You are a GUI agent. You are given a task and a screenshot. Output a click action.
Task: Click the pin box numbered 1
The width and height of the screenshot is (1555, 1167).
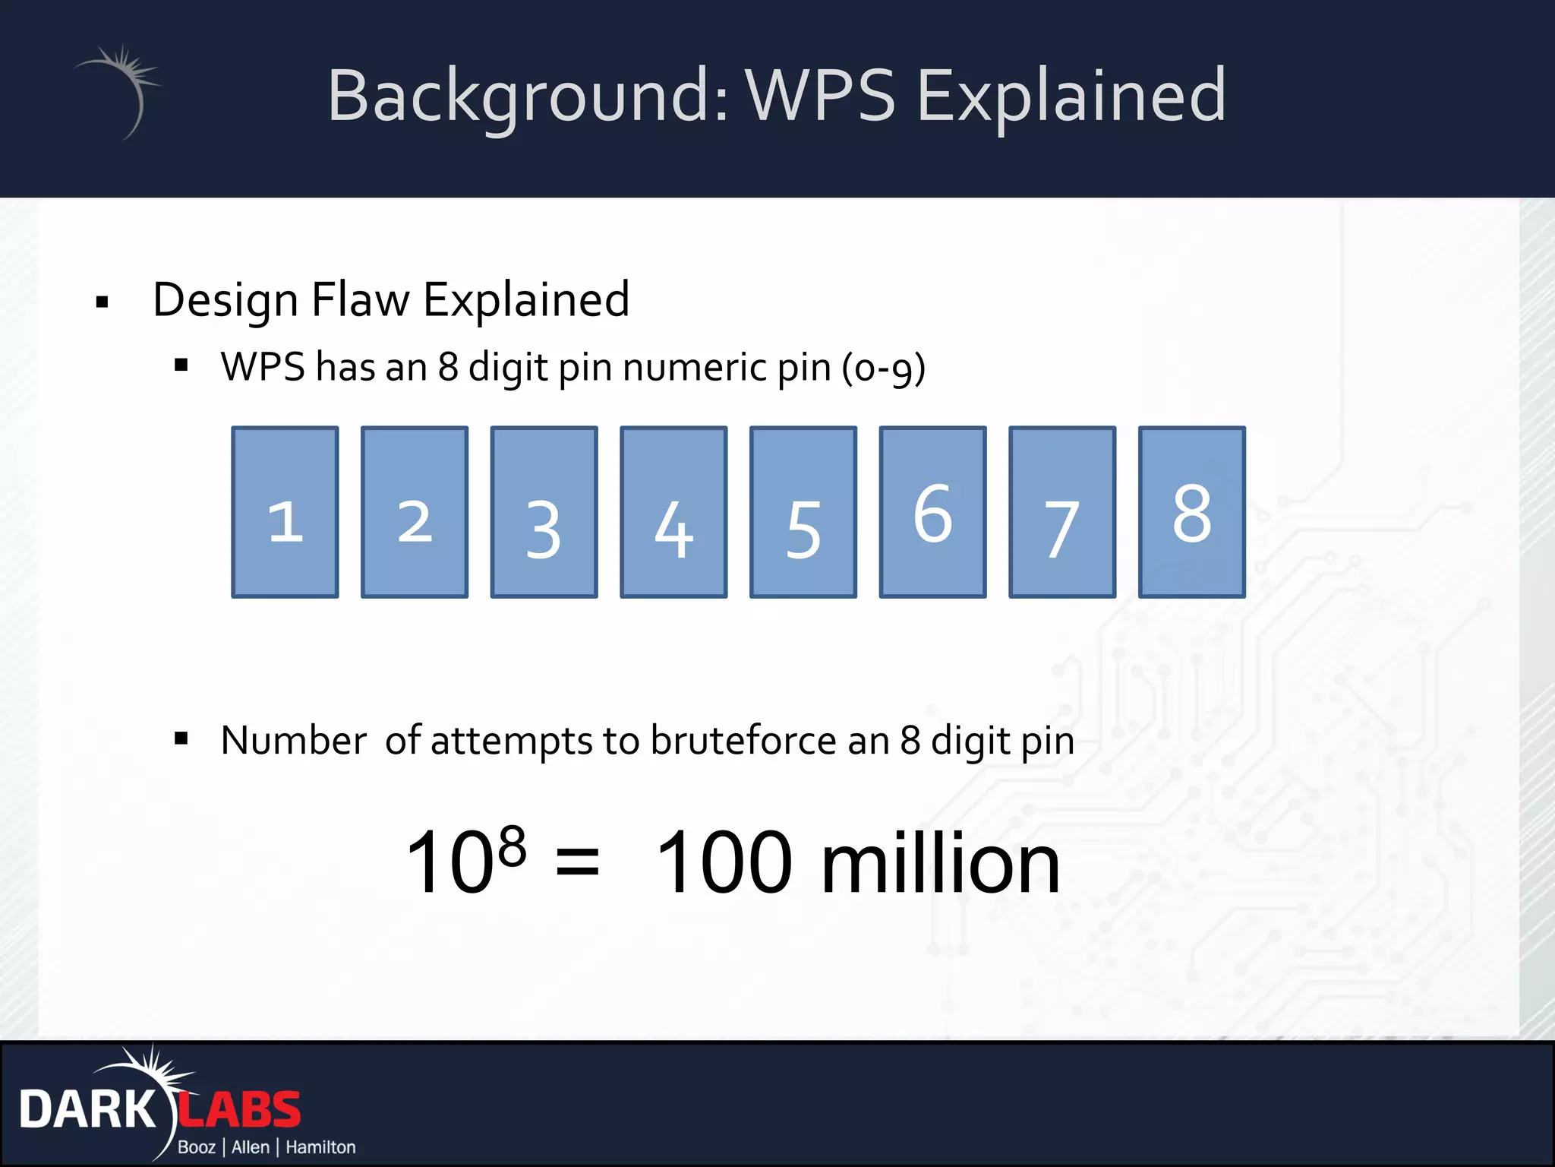[285, 512]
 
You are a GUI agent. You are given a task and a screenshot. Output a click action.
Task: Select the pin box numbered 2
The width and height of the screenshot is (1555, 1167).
[415, 512]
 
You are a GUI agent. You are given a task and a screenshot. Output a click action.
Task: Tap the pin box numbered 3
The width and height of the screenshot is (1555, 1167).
[544, 512]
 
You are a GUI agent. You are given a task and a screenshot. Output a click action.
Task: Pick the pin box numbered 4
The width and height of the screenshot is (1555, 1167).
[673, 512]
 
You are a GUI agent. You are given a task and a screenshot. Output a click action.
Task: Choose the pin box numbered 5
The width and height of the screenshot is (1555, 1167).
[803, 512]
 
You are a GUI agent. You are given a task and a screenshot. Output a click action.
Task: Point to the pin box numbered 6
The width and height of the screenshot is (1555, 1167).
[932, 512]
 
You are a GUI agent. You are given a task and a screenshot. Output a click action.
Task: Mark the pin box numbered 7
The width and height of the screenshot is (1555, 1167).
[1062, 512]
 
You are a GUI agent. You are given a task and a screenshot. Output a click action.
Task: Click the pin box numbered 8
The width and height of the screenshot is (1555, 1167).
[1192, 512]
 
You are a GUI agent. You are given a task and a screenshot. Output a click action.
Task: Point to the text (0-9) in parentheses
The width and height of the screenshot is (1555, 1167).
[883, 368]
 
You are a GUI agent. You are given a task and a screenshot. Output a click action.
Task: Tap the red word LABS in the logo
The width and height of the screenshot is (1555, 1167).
[240, 1110]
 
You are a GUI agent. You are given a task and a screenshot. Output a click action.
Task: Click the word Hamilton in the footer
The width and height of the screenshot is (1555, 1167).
[320, 1147]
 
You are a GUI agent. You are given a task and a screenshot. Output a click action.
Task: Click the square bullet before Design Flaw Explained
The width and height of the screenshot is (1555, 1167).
[103, 302]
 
